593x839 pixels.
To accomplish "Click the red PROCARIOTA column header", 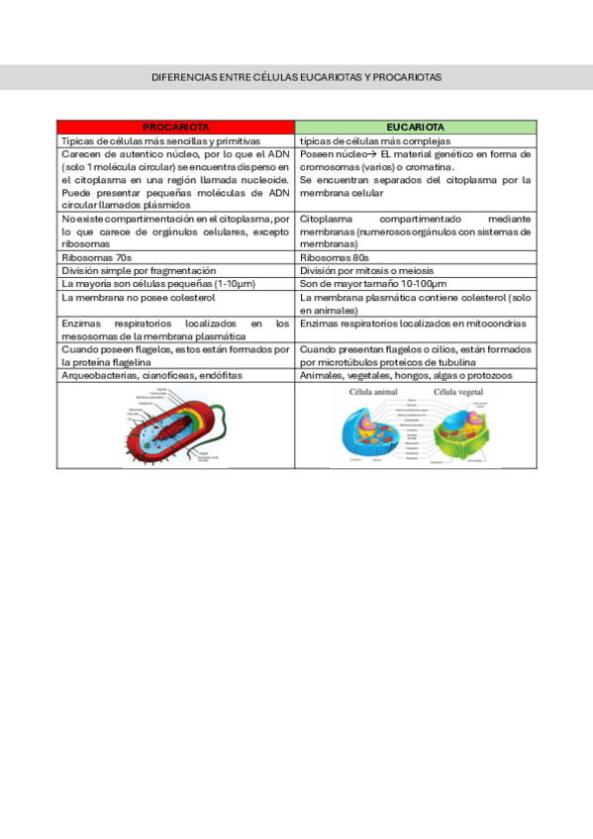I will click(x=175, y=128).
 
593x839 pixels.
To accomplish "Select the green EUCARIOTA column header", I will click(x=415, y=128).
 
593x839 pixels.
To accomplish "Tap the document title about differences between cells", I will click(x=296, y=76).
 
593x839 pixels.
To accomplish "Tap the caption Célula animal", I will click(x=372, y=392).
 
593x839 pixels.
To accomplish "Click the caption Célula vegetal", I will click(x=458, y=392).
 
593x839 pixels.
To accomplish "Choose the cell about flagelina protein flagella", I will click(x=175, y=355).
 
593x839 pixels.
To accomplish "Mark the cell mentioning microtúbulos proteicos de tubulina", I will click(x=415, y=355).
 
